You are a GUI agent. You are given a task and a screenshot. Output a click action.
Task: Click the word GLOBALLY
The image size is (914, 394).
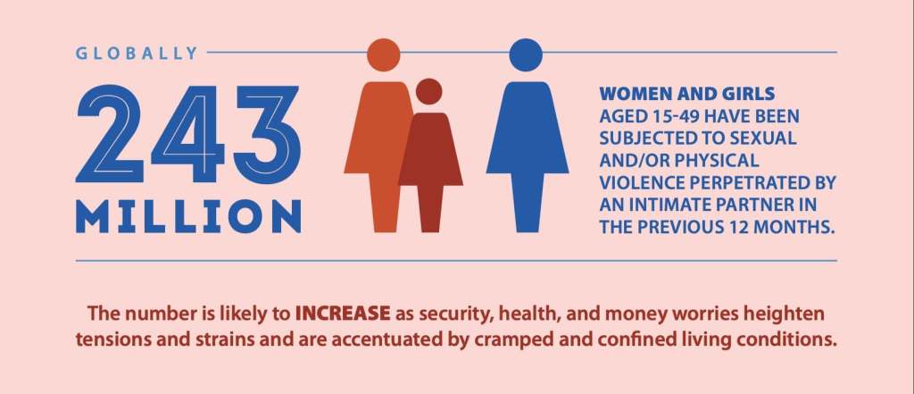click(137, 53)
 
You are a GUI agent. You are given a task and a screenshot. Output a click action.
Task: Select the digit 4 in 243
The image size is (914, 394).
click(187, 134)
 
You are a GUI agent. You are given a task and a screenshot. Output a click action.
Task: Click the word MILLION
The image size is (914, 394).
click(188, 216)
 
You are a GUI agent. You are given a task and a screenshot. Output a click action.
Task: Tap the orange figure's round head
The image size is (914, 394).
click(384, 54)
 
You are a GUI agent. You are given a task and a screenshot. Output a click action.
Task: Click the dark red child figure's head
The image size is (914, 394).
click(429, 92)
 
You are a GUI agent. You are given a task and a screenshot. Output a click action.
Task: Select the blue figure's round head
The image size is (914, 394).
click(526, 54)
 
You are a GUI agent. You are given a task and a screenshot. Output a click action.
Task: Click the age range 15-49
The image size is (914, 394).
click(673, 116)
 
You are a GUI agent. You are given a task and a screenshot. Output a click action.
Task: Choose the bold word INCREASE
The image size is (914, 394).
click(343, 314)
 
